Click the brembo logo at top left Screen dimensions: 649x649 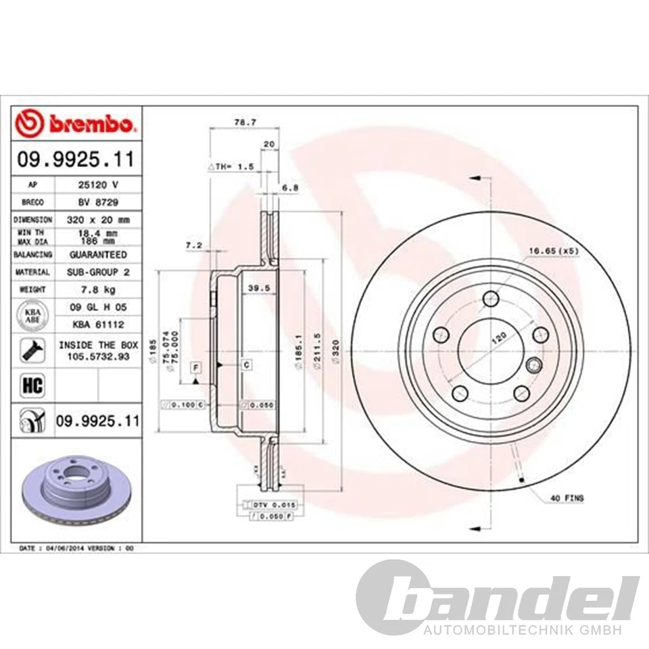(76, 124)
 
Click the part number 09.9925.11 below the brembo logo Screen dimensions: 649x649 (76, 160)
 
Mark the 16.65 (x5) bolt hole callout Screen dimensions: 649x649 (553, 251)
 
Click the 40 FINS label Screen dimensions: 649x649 (567, 498)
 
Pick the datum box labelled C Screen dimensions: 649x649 (247, 365)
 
